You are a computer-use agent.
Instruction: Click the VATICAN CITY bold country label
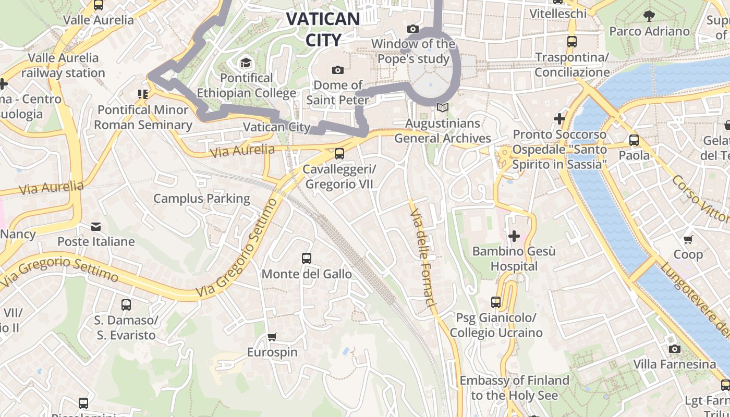tap(323, 29)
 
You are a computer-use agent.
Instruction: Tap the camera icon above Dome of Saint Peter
tap(338, 70)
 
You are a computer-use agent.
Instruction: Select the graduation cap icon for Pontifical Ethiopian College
tap(245, 64)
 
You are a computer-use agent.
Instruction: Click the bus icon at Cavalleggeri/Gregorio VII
tap(339, 153)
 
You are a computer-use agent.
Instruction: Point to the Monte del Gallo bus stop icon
tap(307, 259)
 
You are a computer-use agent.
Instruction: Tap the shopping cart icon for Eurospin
tap(272, 337)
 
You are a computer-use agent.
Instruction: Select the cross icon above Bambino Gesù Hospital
tap(514, 236)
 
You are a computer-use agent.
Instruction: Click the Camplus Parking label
tap(202, 199)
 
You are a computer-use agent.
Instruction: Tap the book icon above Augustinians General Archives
tap(443, 108)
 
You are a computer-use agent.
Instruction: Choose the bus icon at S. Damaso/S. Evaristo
tap(126, 305)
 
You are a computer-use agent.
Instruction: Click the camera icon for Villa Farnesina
tap(674, 349)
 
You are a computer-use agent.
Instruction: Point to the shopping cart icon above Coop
tap(688, 239)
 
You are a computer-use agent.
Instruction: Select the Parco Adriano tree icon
tap(649, 16)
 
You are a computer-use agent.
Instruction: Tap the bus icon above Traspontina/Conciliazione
tap(572, 42)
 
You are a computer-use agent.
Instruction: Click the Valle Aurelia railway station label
tap(63, 65)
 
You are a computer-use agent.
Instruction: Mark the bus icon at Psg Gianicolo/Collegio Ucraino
tap(496, 302)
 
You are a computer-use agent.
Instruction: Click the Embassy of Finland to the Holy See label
tap(514, 388)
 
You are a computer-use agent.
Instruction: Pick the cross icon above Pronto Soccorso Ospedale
tap(559, 119)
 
